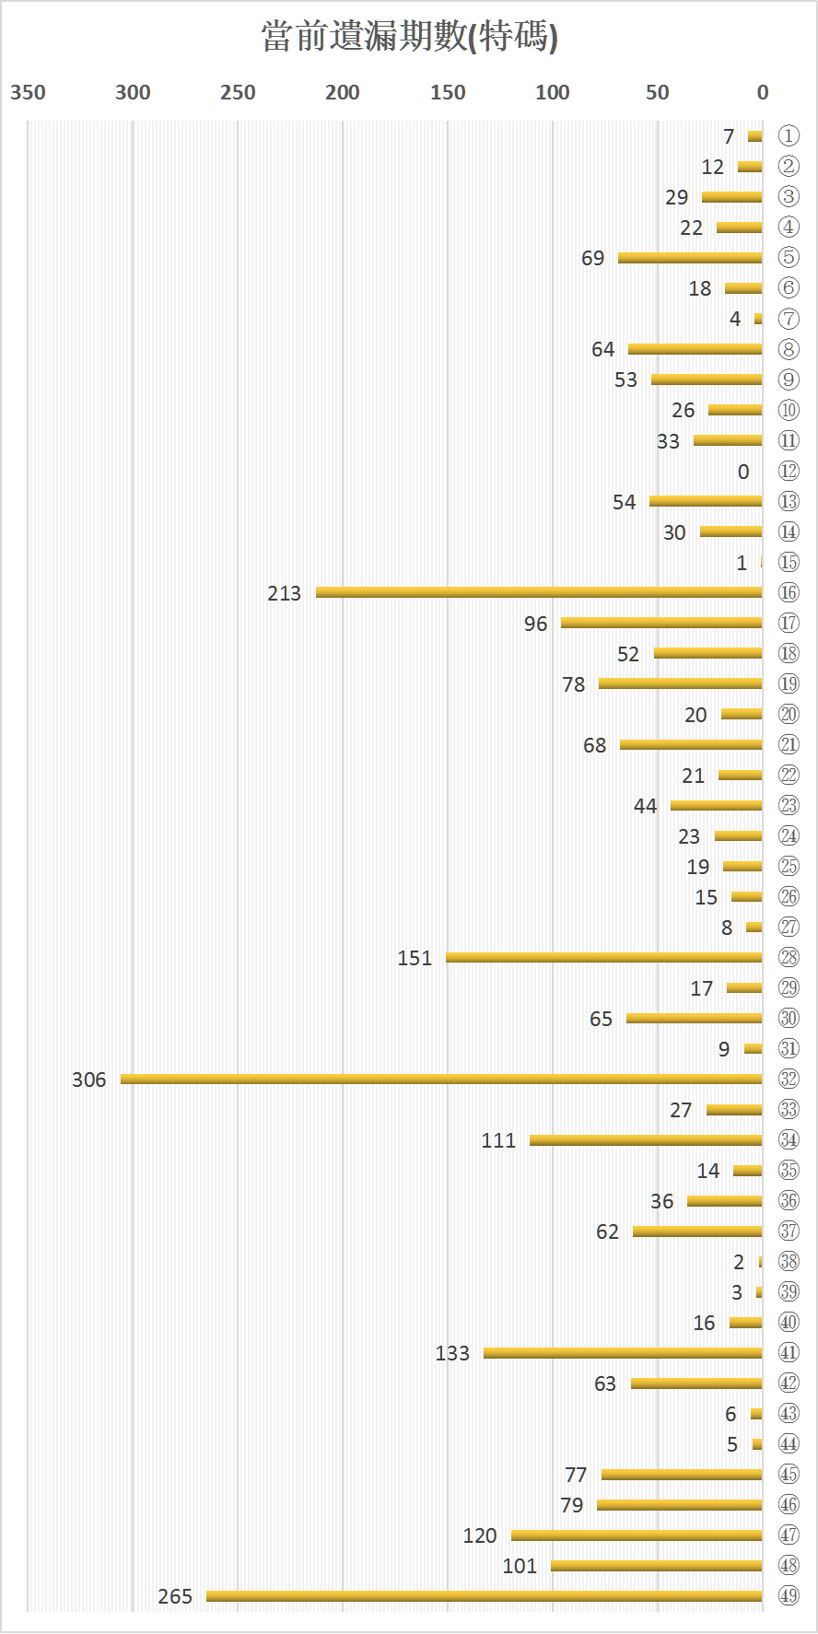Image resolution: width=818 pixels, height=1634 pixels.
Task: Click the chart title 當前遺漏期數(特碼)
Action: pyautogui.click(x=409, y=37)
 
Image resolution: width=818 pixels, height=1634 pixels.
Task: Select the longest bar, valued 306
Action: pyautogui.click(x=441, y=1079)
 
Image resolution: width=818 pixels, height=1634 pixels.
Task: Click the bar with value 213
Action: pyautogui.click(x=539, y=592)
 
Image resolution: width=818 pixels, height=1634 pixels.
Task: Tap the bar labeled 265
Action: pyautogui.click(x=485, y=1595)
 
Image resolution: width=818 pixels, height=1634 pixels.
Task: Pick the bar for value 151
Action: pyautogui.click(x=604, y=957)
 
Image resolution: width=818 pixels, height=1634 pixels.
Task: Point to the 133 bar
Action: pyautogui.click(x=623, y=1352)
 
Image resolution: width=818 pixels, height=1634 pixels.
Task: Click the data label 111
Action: pyautogui.click(x=498, y=1140)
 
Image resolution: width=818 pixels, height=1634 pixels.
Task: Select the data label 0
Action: pyautogui.click(x=743, y=472)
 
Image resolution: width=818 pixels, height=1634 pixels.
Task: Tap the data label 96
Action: pyautogui.click(x=535, y=624)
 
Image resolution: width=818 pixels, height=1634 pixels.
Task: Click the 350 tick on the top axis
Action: pyautogui.click(x=28, y=92)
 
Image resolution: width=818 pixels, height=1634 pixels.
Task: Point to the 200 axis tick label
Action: pyautogui.click(x=343, y=92)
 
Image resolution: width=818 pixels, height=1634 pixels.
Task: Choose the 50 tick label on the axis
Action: pyautogui.click(x=657, y=92)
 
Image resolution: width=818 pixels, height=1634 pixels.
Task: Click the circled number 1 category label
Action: pyautogui.click(x=789, y=136)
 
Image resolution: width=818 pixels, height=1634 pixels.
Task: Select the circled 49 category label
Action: pyautogui.click(x=789, y=1595)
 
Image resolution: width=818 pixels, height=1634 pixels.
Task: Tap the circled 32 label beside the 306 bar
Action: pyautogui.click(x=789, y=1079)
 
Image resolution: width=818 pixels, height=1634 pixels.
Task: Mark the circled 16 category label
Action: pyautogui.click(x=789, y=592)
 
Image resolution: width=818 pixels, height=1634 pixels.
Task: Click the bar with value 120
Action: pyautogui.click(x=637, y=1535)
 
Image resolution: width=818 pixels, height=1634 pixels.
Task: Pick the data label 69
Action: pyautogui.click(x=592, y=258)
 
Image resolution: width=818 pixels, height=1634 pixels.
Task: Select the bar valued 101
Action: pyautogui.click(x=657, y=1565)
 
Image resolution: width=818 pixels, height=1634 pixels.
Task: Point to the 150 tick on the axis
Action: pyautogui.click(x=448, y=92)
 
